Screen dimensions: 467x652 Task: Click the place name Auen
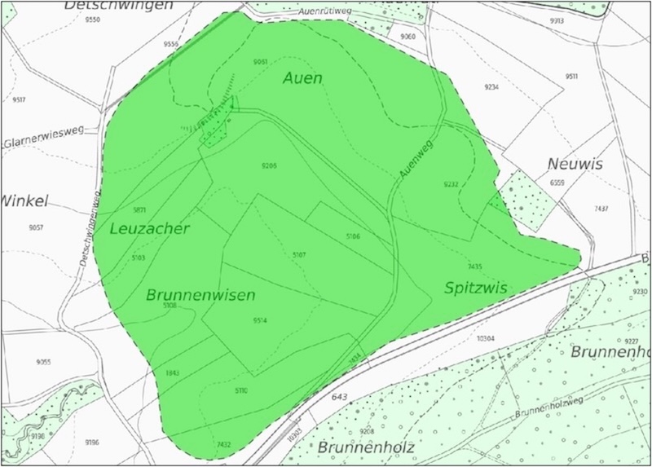(302, 79)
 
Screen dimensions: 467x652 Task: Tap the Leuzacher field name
(148, 229)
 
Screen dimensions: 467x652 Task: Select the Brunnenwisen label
(200, 294)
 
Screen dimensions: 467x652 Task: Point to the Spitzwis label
(477, 288)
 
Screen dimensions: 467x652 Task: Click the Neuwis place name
(575, 165)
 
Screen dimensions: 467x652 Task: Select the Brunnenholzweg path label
(554, 407)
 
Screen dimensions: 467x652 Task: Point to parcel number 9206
(269, 166)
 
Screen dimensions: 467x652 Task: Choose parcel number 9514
(260, 320)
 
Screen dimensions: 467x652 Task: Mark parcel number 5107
(299, 255)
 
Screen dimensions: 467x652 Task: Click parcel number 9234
(491, 86)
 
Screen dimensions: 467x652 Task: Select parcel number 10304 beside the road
(486, 337)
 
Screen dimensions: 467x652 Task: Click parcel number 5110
(241, 390)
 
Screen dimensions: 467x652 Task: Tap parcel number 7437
(601, 209)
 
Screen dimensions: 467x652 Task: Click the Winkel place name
(26, 200)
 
